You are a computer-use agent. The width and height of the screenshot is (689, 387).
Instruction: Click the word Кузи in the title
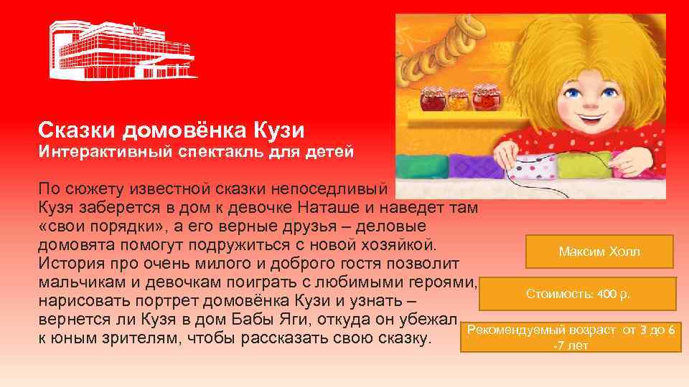pos(278,130)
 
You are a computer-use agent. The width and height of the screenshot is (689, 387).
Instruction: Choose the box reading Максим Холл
pos(599,252)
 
